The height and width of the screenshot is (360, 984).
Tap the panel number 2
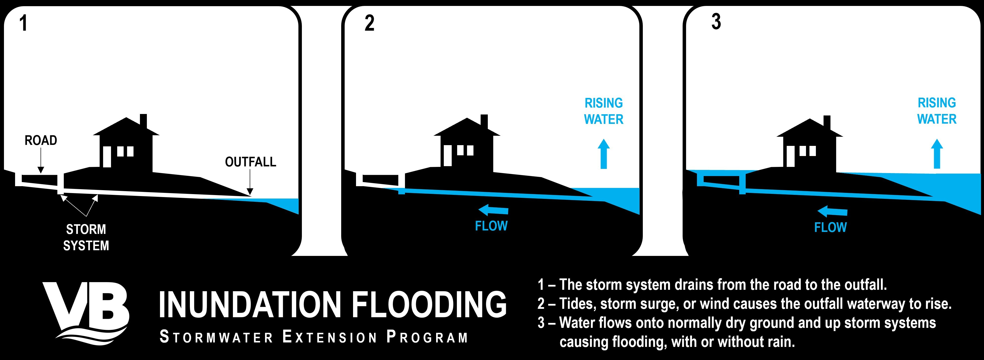pyautogui.click(x=369, y=23)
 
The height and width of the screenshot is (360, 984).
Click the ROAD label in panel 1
pyautogui.click(x=41, y=140)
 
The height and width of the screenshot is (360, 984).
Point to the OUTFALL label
pyautogui.click(x=251, y=162)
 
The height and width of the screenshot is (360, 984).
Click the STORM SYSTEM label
pyautogui.click(x=86, y=237)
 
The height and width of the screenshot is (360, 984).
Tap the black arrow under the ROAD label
pyautogui.click(x=41, y=160)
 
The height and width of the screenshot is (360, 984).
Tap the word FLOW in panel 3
pyautogui.click(x=830, y=228)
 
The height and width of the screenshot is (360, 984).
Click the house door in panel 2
pyautogui.click(x=447, y=156)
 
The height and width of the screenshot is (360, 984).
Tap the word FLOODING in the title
pyautogui.click(x=429, y=305)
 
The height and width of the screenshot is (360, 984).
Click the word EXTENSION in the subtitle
pyautogui.click(x=330, y=337)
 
